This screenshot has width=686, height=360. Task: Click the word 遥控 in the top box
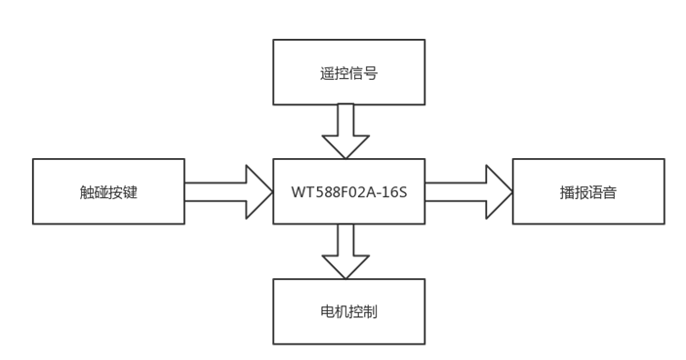point(334,73)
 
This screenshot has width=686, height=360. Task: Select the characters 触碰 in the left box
point(94,192)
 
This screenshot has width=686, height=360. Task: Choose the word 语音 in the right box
point(603,192)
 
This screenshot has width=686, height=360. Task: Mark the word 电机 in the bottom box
point(334,312)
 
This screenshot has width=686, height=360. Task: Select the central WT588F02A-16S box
point(348,210)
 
